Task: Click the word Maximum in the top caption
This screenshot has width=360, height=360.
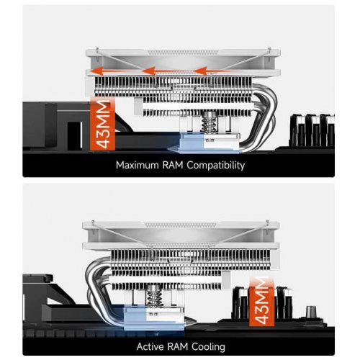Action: pos(138,165)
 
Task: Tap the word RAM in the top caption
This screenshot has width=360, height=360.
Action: pos(173,165)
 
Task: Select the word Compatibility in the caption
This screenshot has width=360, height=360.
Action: pos(216,166)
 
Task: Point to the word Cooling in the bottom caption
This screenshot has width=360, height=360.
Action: pos(208,347)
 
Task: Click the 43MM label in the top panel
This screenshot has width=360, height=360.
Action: pos(103,124)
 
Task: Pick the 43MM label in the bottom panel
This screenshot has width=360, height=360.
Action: pos(261,301)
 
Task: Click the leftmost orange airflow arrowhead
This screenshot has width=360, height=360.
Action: pos(96,71)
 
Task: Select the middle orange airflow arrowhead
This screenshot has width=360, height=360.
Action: pos(148,71)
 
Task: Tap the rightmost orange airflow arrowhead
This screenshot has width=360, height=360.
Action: pos(200,71)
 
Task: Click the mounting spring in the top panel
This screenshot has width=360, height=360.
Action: pos(209,123)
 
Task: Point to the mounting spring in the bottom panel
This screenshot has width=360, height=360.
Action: pos(153,297)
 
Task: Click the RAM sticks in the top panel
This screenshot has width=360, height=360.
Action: pos(312,131)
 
